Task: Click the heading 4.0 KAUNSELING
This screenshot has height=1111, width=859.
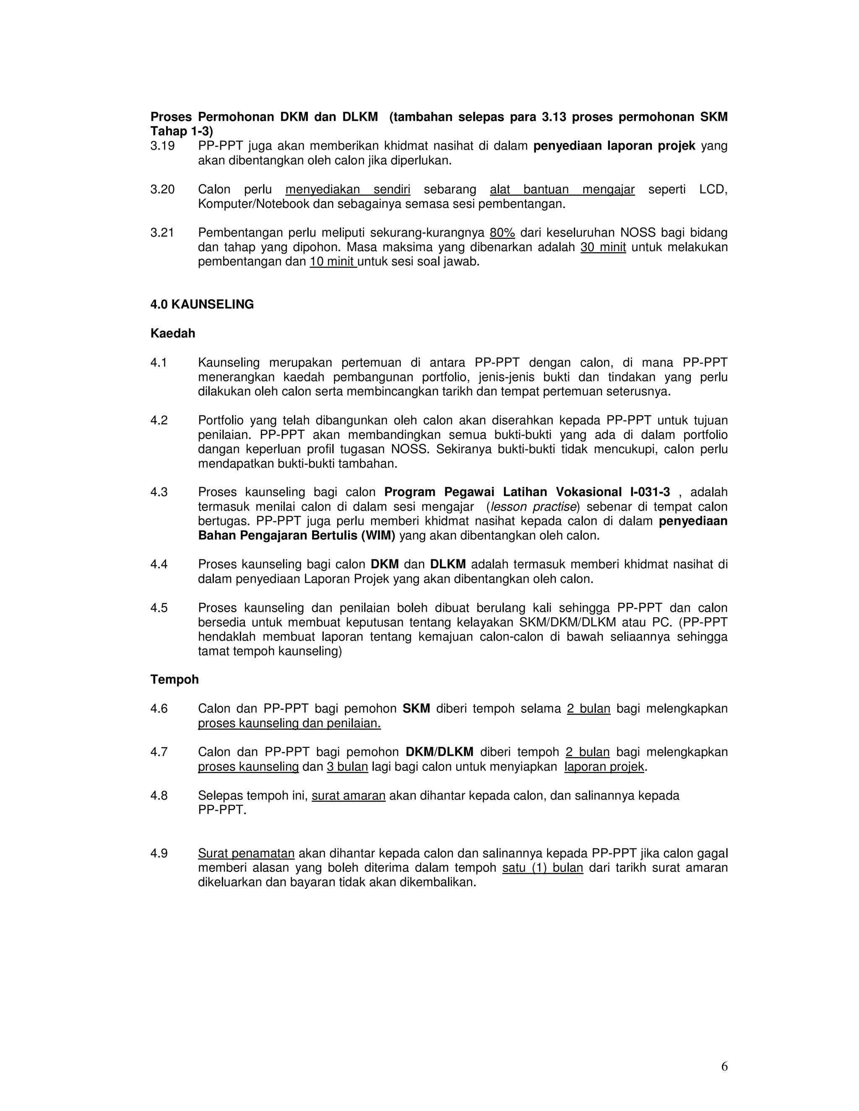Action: coord(202,305)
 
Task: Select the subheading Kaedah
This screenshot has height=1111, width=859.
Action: coord(172,334)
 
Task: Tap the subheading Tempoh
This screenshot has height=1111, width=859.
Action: coord(174,680)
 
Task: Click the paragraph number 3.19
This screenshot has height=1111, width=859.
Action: coord(162,146)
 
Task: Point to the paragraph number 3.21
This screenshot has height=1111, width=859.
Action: coord(162,233)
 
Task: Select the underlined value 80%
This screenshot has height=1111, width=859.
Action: coord(502,233)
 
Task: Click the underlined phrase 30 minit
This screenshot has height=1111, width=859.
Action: coord(603,248)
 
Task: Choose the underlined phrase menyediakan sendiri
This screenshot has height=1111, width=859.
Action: coord(348,190)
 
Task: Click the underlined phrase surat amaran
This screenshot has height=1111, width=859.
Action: coord(349,796)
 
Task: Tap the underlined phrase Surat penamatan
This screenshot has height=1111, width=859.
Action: coord(246,854)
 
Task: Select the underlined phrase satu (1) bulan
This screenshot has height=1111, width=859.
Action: coord(542,868)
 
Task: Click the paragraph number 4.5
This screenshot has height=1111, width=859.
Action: coord(159,608)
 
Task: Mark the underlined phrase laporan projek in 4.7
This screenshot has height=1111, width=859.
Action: coord(604,767)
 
